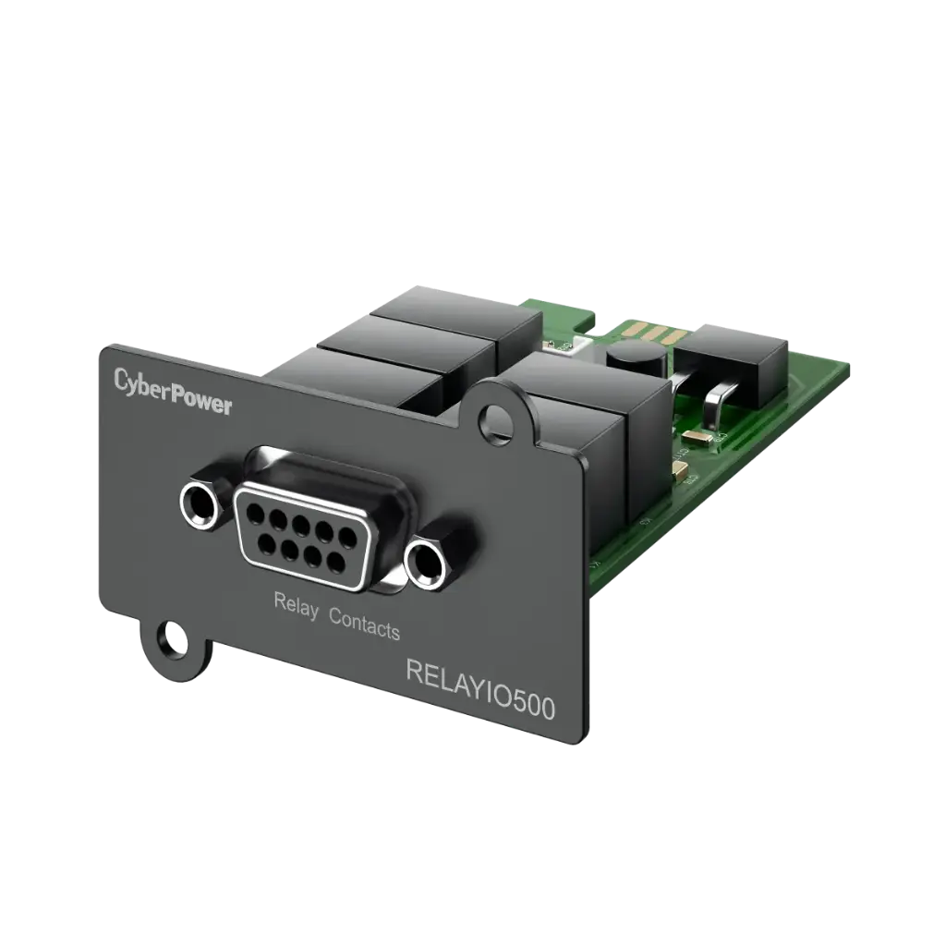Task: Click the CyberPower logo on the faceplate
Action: (173, 393)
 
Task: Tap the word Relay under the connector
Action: (296, 605)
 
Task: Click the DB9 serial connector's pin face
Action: (298, 534)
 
